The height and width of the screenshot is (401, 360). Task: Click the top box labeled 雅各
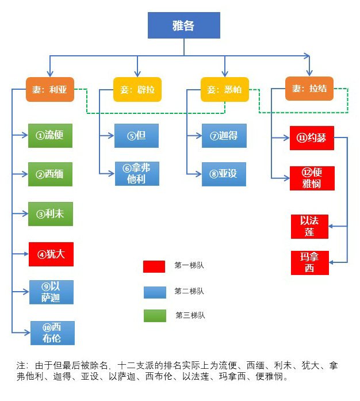tap(184, 25)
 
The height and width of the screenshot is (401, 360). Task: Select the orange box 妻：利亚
tap(50, 89)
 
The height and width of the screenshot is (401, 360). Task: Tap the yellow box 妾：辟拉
tap(137, 89)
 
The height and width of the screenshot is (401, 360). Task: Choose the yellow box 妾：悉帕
tap(225, 89)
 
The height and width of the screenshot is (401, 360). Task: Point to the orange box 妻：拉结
tap(309, 89)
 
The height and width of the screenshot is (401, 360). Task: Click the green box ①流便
tap(51, 136)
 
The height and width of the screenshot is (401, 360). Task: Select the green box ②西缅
tap(51, 174)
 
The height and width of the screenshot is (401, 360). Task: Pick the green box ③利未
tap(51, 213)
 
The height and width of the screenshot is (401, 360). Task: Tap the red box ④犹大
tap(51, 254)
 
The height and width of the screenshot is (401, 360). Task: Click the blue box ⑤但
tap(136, 136)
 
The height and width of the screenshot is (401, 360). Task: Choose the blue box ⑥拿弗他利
tap(136, 173)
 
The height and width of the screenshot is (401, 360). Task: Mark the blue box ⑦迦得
tap(224, 136)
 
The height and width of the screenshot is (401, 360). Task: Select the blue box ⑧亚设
tap(224, 173)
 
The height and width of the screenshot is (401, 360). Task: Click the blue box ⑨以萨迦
tap(52, 292)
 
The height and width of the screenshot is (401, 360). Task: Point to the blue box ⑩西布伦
tap(52, 332)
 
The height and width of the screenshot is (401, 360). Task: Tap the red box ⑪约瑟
tap(312, 138)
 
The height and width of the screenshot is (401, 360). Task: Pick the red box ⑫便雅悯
tap(312, 178)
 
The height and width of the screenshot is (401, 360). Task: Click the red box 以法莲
tap(310, 226)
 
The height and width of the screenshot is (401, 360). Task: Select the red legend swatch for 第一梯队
tap(154, 266)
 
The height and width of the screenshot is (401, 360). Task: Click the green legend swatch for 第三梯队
tap(154, 315)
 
